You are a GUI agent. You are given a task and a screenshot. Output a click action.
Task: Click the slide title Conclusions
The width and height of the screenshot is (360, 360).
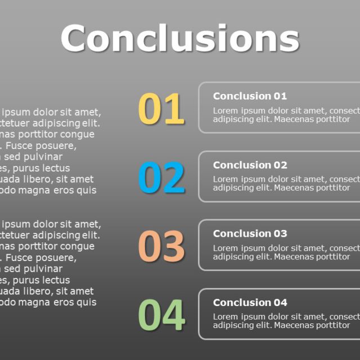tap(179, 38)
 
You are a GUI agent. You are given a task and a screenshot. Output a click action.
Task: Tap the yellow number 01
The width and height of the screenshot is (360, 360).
tap(161, 109)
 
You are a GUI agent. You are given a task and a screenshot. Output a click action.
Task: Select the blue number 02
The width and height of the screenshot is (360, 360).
tap(161, 178)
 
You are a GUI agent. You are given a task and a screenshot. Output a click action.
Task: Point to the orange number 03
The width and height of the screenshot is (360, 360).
tap(161, 246)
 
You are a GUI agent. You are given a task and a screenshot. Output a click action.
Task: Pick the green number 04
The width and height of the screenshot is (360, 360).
tap(161, 315)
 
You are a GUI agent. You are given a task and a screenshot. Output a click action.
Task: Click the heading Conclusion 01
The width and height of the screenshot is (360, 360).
tap(250, 96)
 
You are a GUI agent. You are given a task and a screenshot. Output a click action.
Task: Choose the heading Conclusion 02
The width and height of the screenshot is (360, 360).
tap(250, 165)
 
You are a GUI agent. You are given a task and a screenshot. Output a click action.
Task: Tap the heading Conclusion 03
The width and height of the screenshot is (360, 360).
tap(250, 234)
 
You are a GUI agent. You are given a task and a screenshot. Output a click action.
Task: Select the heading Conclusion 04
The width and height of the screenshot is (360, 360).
tap(250, 303)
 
